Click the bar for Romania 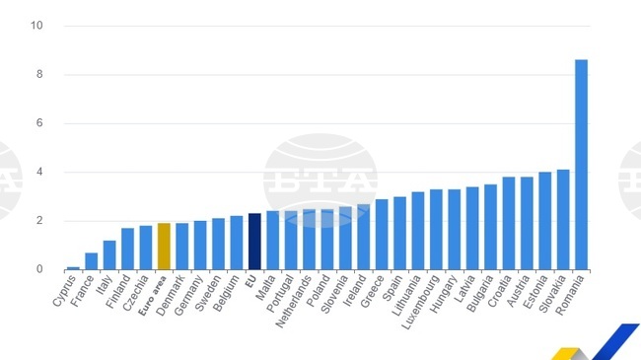coord(581,165)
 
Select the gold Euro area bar coord(164,247)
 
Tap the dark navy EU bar coord(254,242)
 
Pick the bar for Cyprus coord(73,267)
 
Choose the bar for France coord(91,261)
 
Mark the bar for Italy coord(109,255)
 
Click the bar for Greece coord(382,235)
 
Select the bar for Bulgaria coord(490,227)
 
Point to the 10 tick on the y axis coord(36,26)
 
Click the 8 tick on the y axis coord(38,75)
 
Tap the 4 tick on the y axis coord(38,173)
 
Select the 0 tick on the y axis coord(38,269)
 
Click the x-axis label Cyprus coord(66,291)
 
